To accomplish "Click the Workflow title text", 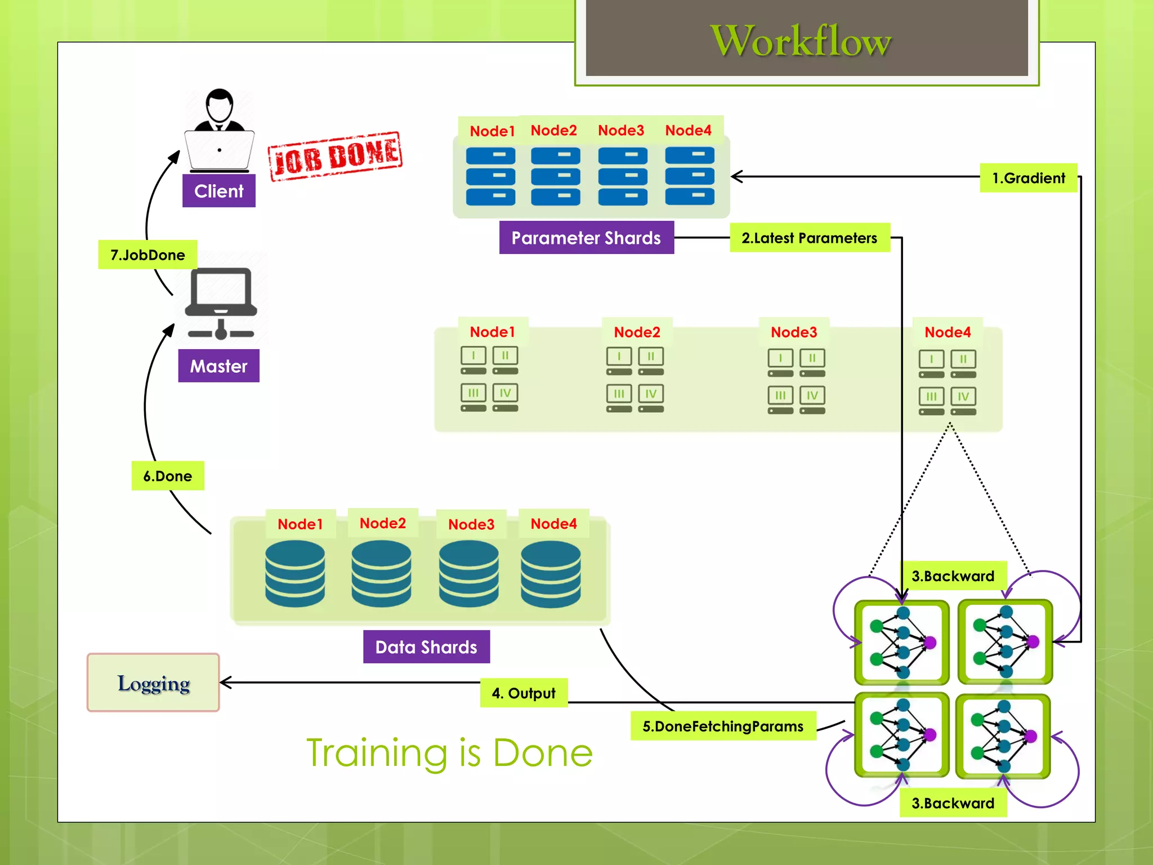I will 801,41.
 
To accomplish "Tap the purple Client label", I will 218,191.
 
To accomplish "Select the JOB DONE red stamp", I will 335,156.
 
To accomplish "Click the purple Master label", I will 218,366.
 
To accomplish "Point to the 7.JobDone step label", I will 148,255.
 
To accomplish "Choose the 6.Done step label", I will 167,476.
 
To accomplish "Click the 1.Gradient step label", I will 1028,178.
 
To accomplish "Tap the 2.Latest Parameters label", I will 809,238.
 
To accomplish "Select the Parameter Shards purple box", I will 586,238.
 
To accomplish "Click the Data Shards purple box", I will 426,647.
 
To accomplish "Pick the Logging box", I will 153,683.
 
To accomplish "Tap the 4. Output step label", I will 524,693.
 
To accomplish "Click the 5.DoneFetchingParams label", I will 723,726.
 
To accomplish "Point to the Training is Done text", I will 449,752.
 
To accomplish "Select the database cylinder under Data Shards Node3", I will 468,573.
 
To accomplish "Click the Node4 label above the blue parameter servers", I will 688,130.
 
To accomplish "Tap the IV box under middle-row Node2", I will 651,394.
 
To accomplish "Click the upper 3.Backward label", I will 953,576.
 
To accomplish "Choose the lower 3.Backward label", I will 953,803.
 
